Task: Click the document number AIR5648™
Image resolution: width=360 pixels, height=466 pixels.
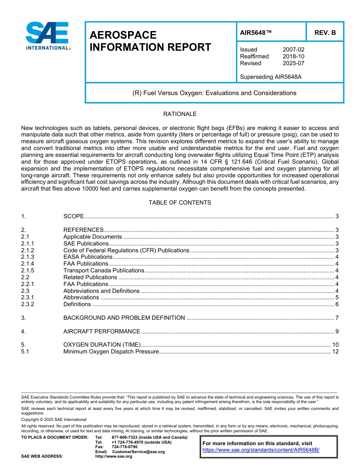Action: coord(256,33)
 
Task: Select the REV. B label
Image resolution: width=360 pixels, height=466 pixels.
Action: coord(325,33)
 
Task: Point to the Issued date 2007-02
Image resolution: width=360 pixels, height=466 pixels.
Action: coord(293,50)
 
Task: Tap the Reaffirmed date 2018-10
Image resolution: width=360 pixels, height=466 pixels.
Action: coord(293,56)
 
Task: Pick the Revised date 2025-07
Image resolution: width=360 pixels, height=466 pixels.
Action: coord(293,63)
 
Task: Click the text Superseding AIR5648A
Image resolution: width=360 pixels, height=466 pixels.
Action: coord(271,77)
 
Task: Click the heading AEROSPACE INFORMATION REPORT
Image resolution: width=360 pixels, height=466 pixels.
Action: coord(150,41)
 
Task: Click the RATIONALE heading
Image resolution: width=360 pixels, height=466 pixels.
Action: coord(180,114)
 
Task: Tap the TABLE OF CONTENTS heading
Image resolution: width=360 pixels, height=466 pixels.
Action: coord(180,203)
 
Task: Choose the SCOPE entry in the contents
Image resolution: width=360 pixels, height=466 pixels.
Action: coord(74,216)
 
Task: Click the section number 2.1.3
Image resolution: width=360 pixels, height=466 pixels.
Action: coord(28,257)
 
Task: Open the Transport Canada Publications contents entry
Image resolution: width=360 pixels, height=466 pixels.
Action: coord(103,271)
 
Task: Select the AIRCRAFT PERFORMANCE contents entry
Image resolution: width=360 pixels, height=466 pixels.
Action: coord(102,332)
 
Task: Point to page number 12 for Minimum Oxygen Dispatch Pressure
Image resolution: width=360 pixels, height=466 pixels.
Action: coord(335,352)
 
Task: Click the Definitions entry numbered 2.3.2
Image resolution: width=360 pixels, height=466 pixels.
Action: coord(77,304)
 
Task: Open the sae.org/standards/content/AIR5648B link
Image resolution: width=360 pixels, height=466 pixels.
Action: coord(261,450)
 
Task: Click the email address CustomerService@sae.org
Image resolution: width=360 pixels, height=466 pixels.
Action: coord(138,452)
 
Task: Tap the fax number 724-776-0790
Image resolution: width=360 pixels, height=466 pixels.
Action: coord(124,447)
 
